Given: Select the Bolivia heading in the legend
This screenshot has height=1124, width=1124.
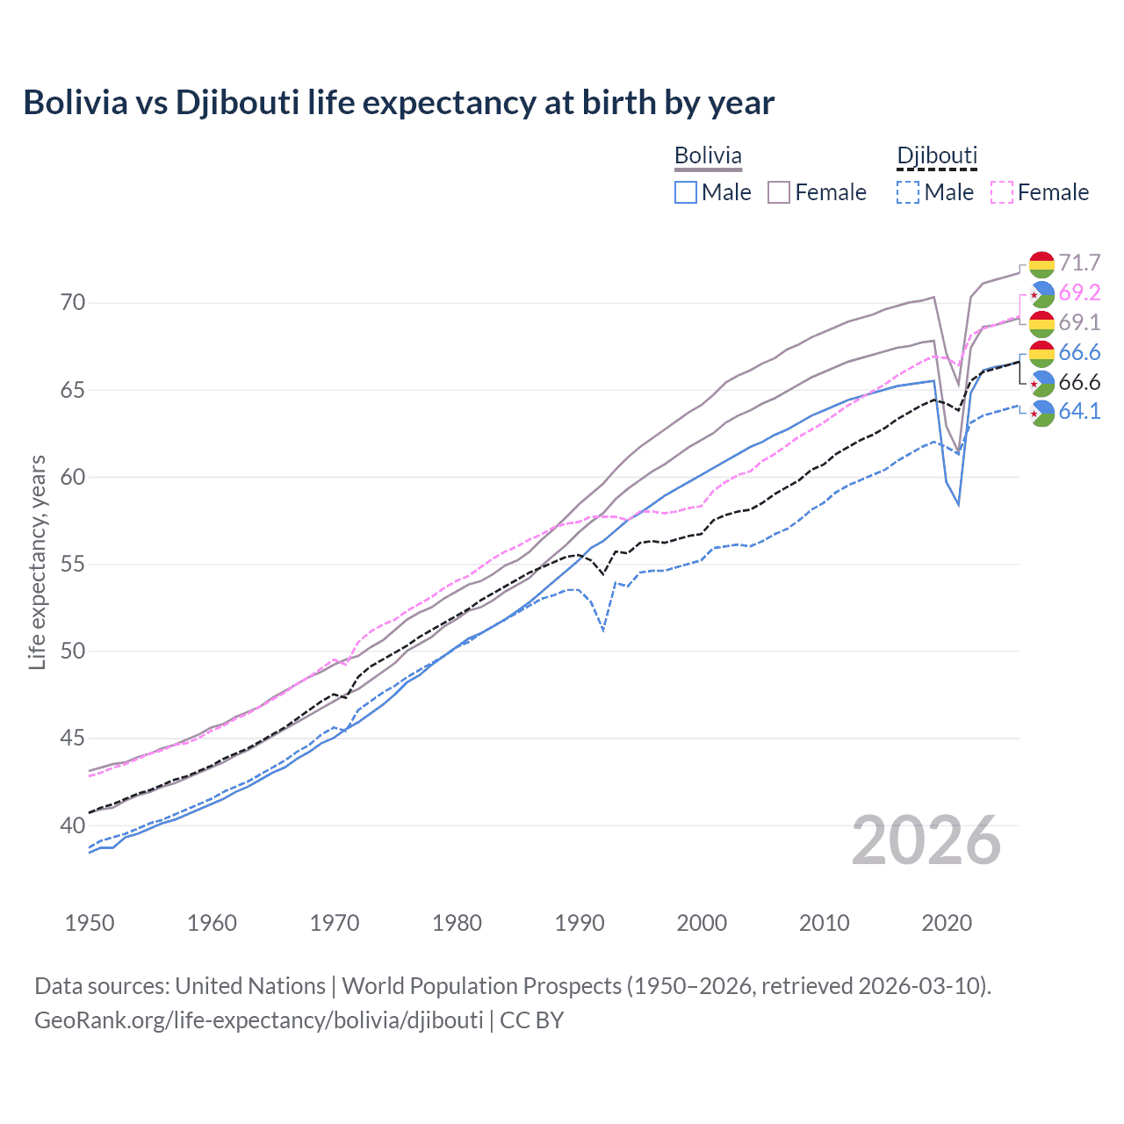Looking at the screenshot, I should pos(708,155).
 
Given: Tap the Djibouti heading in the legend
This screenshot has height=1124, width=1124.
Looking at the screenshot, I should pos(936,155).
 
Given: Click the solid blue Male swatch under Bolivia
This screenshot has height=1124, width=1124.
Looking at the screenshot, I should pos(686,192).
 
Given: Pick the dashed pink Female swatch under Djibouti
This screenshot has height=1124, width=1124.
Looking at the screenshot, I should pos(1002,192).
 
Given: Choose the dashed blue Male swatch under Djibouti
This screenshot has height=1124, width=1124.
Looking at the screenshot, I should pos(908,192).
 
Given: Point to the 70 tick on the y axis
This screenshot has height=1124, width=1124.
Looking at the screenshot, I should pos(73,303).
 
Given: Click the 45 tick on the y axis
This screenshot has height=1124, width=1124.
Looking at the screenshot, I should pos(73,739).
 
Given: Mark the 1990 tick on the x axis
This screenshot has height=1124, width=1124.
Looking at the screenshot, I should pos(580,923).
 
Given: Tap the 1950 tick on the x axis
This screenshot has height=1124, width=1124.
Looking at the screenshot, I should pos(90,923).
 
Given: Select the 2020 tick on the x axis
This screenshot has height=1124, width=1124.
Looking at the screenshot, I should pos(947,923).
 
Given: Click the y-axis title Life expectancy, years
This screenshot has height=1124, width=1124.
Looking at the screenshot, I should pos(37,562).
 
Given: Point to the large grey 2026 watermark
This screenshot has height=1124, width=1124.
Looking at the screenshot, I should pos(926,840).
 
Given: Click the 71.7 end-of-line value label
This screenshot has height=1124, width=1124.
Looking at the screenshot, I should pos(1079,263).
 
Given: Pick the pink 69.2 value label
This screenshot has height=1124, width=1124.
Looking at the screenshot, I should pos(1079,293).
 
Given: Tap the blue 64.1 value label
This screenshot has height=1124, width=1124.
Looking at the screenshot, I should pos(1079,412).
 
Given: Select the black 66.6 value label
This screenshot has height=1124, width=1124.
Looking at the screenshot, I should pos(1079,382).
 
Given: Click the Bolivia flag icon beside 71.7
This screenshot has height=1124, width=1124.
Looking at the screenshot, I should pos(1041,263).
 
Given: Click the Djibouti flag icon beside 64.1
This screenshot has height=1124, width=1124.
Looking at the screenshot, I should pos(1041,412).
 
